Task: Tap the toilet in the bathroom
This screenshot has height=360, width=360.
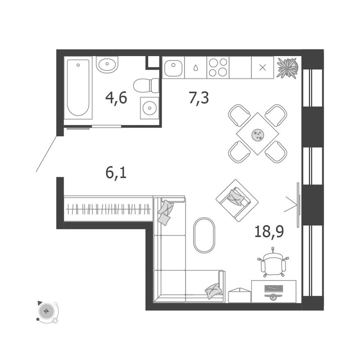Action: pos(146,85)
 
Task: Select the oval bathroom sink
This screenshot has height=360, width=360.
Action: pos(107,64)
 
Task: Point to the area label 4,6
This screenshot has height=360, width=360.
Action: pos(116,98)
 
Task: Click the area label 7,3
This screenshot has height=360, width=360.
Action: pos(199,98)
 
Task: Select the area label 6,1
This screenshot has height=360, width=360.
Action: pos(116,173)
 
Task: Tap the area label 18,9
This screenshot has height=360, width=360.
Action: pos(269,232)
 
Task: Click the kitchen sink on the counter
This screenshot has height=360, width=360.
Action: pos(173,67)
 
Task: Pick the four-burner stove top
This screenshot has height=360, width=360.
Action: pos(218,67)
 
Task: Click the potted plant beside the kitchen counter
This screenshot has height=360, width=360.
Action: pos(287,67)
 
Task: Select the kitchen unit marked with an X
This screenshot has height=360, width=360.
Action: pos(262,67)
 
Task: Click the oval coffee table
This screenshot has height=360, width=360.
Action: pos(204,235)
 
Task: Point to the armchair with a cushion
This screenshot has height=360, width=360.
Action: pos(237,200)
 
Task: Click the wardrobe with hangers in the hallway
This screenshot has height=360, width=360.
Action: pos(108,209)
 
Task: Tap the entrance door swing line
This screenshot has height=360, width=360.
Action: pos(46,154)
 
